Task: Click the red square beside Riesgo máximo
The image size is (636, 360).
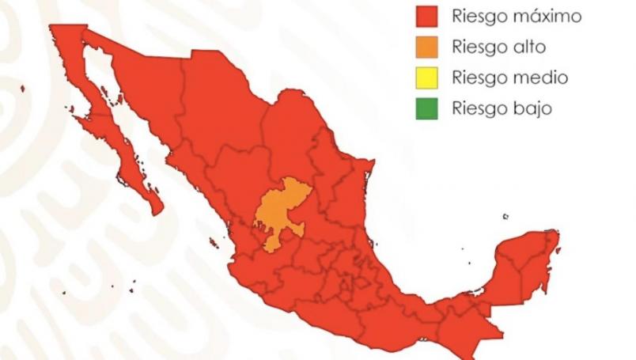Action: click(426, 17)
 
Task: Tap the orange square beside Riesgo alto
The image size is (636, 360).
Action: click(426, 47)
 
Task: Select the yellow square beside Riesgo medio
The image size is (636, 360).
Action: click(426, 78)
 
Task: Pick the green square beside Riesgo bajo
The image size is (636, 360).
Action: click(426, 108)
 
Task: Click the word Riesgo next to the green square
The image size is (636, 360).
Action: click(478, 108)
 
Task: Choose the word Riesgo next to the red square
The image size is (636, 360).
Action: click(478, 17)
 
